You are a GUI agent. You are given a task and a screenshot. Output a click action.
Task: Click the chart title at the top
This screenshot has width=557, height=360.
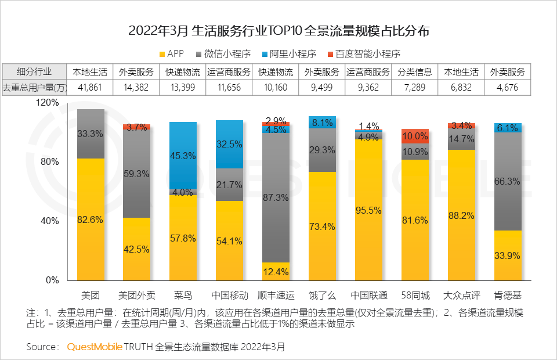pyautogui.click(x=278, y=31)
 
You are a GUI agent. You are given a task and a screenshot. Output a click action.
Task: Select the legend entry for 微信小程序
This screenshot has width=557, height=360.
pyautogui.click(x=226, y=54)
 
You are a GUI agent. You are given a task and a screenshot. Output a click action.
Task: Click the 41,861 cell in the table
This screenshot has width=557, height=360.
pyautogui.click(x=90, y=88)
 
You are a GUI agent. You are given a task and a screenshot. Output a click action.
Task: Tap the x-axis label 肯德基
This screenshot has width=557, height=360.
pyautogui.click(x=508, y=294)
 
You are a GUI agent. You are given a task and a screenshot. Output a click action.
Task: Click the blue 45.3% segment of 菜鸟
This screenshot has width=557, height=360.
pyautogui.click(x=183, y=155)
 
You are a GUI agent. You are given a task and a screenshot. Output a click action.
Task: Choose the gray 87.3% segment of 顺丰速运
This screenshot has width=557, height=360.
pyautogui.click(x=276, y=197)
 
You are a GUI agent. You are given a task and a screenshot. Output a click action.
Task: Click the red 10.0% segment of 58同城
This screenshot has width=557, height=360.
pyautogui.click(x=415, y=136)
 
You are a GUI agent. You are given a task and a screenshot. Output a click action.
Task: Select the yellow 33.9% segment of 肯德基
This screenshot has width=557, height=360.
pyautogui.click(x=508, y=255)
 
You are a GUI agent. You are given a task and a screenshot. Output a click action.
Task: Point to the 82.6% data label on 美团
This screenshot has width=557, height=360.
pyautogui.click(x=90, y=219)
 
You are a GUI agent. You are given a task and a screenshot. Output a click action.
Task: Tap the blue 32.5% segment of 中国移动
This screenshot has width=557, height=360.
pyautogui.click(x=229, y=144)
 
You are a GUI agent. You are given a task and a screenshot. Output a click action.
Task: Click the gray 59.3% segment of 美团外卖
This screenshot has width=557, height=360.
pyautogui.click(x=136, y=173)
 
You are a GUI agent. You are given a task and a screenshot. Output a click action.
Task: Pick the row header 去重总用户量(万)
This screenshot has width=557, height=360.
pyautogui.click(x=34, y=88)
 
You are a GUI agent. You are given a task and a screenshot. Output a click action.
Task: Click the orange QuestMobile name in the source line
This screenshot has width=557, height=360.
pyautogui.click(x=95, y=347)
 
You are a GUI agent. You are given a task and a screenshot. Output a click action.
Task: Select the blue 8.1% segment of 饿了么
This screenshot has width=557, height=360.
pyautogui.click(x=322, y=123)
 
